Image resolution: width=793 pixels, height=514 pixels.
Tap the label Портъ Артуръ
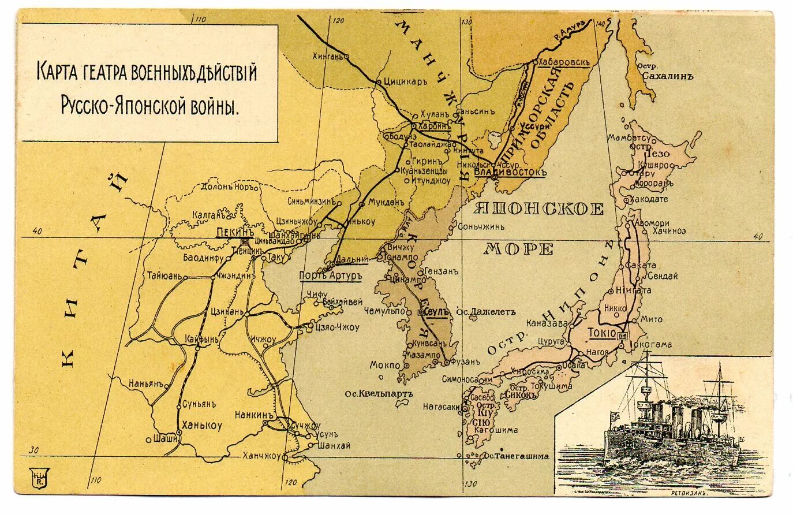(x=330, y=275)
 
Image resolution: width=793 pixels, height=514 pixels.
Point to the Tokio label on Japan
(x=601, y=333)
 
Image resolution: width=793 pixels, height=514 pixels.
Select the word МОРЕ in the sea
(x=518, y=249)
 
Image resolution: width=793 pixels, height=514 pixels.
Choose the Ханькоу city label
(x=201, y=426)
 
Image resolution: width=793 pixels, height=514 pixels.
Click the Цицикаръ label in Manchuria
(x=405, y=82)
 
